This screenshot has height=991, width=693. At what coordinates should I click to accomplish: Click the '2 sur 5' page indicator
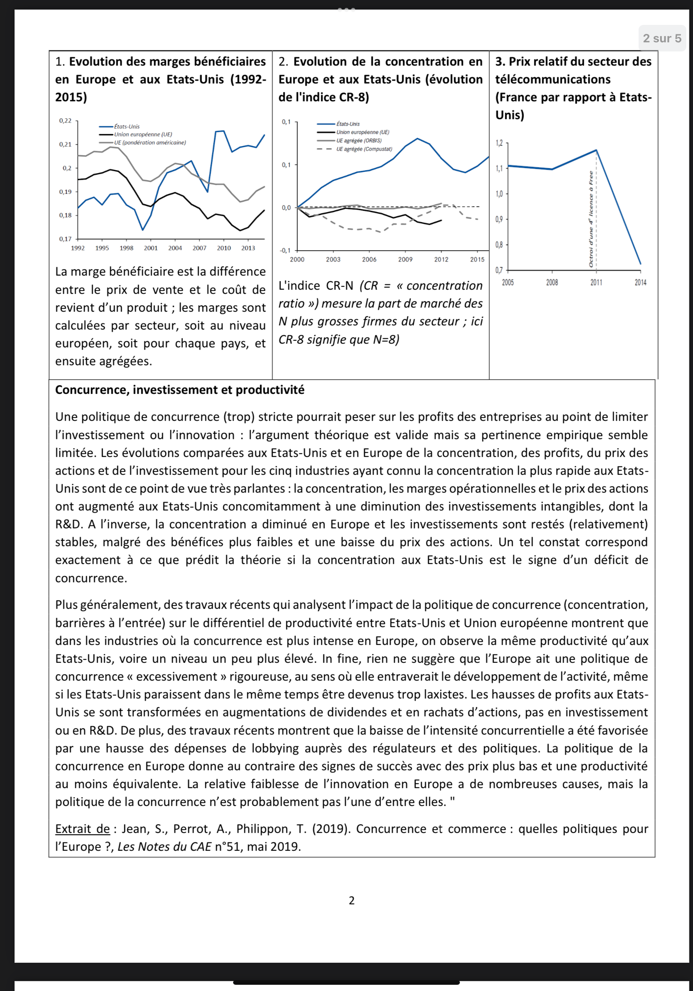point(661,39)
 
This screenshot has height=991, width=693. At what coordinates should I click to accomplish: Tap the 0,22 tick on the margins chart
point(66,120)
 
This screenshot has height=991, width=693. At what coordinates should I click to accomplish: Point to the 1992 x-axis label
point(78,248)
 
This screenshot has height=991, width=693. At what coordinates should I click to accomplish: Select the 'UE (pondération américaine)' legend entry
point(150,142)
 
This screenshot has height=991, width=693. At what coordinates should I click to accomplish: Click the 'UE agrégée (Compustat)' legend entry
point(364,149)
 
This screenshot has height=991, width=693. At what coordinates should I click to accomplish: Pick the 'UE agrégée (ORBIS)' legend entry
point(359,141)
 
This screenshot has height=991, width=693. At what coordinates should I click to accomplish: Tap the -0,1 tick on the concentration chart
point(285,250)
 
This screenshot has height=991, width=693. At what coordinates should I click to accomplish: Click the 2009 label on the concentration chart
point(405,259)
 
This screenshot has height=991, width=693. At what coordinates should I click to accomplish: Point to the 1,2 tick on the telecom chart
point(499,143)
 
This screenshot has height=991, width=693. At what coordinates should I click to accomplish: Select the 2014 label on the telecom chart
point(640,282)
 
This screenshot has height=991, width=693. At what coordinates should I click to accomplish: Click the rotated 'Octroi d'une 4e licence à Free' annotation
point(591,219)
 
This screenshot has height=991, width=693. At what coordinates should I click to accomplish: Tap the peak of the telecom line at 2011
point(596,150)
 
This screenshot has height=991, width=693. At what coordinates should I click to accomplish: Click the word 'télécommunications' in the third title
point(553,79)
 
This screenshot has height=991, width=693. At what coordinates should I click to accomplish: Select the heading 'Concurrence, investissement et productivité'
point(180,390)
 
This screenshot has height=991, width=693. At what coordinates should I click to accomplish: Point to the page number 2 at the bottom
point(351,901)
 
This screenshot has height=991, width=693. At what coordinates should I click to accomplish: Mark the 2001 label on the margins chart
point(151,248)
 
